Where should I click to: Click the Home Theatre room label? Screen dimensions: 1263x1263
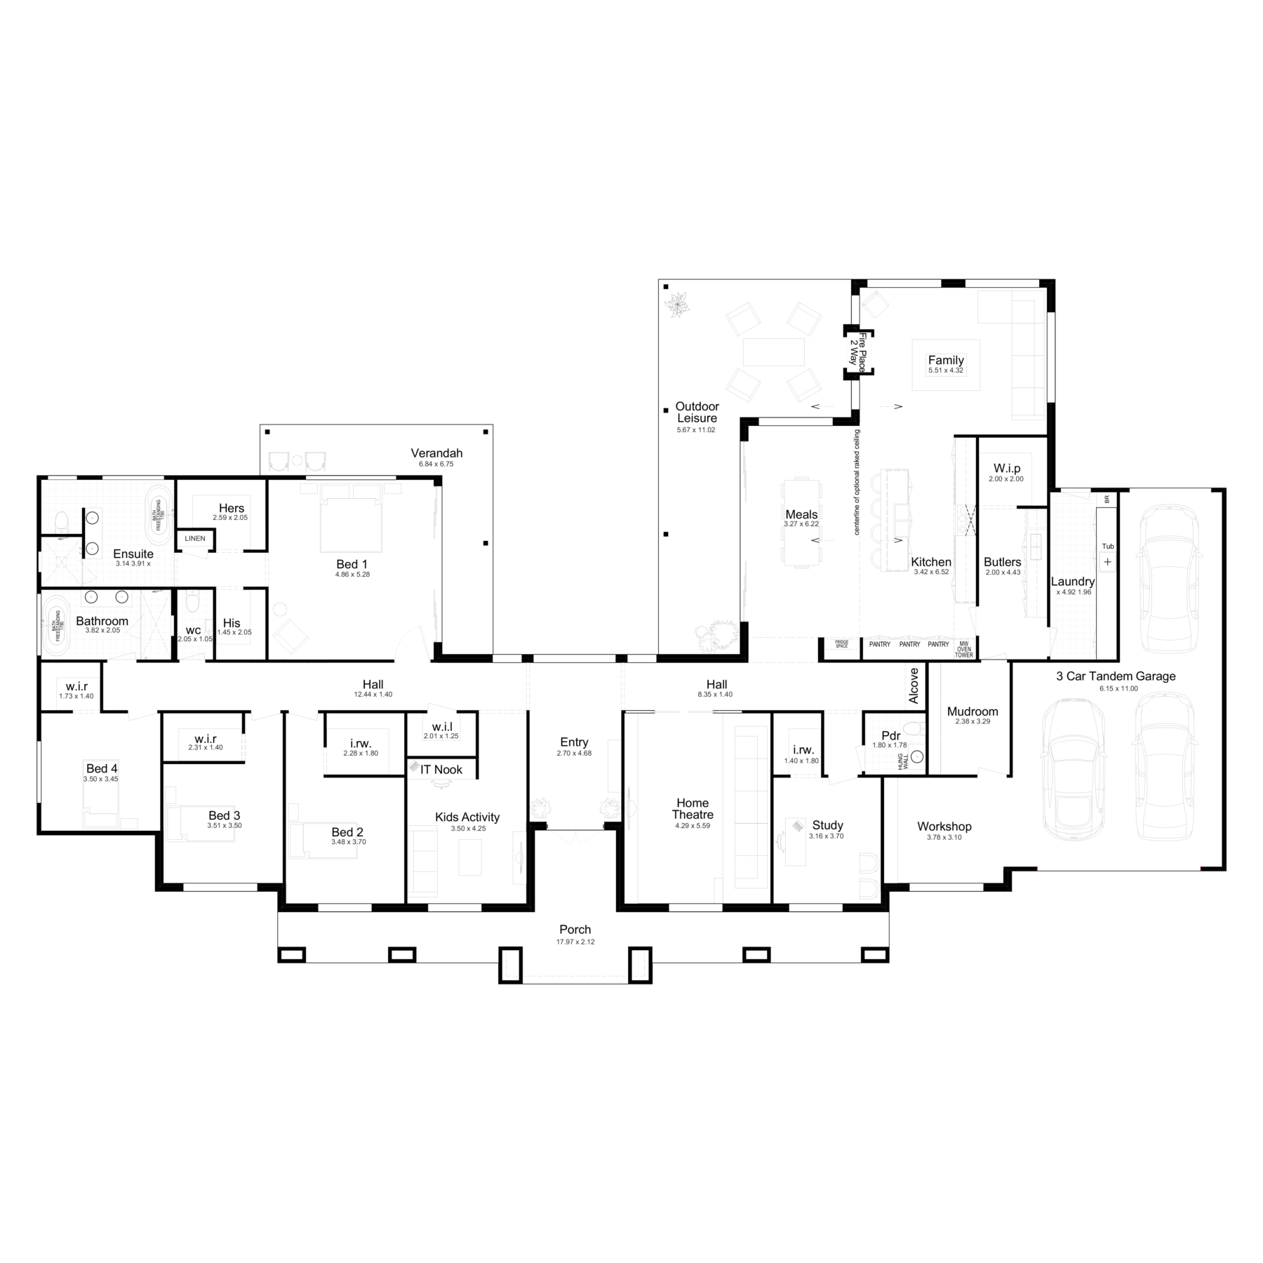(x=692, y=808)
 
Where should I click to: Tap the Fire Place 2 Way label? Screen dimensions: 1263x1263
(x=857, y=352)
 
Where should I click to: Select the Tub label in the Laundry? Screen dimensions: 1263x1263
(x=1107, y=546)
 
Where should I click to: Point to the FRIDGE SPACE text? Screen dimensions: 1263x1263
(x=841, y=643)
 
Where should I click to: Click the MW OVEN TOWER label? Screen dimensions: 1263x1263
(x=963, y=649)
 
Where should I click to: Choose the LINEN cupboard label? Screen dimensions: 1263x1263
(x=195, y=538)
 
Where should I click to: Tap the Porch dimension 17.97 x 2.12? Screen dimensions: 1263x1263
(x=575, y=942)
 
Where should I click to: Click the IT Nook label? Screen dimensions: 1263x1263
(x=441, y=769)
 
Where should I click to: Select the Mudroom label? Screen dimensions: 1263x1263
(x=972, y=711)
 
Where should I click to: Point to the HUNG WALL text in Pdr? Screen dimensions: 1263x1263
(x=904, y=761)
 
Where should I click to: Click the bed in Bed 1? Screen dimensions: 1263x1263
(x=352, y=519)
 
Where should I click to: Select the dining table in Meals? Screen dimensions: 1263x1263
(x=801, y=523)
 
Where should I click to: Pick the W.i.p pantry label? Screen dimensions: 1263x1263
(x=1007, y=468)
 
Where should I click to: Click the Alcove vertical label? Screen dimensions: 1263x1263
(x=914, y=686)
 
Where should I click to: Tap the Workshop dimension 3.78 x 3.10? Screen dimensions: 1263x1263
(x=944, y=837)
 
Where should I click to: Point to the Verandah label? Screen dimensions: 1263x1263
(x=436, y=453)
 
